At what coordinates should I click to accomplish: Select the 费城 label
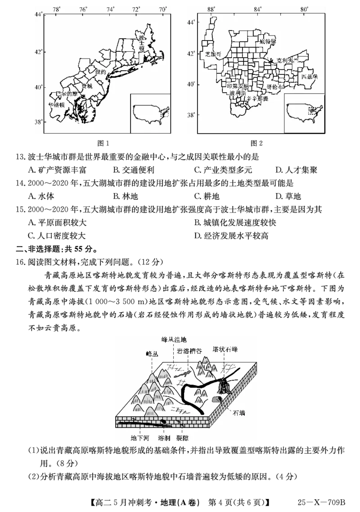[86, 86]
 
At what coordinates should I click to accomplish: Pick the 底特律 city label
[267, 41]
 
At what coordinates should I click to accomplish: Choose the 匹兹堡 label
[310, 77]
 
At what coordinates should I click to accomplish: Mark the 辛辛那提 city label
[257, 98]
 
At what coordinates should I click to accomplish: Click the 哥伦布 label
[275, 86]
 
